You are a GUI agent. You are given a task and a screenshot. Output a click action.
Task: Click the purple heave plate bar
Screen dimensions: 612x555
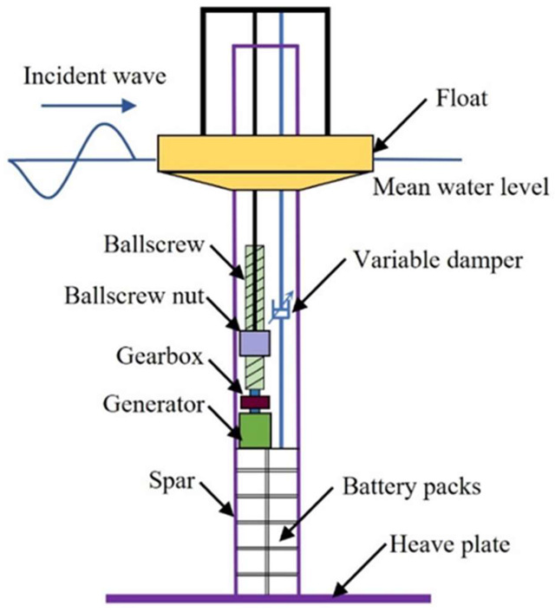(x=268, y=597)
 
